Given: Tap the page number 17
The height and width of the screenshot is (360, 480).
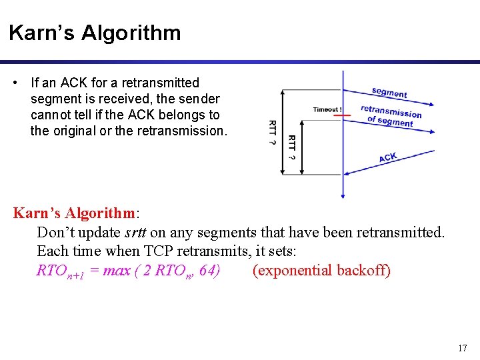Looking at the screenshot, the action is click(462, 348).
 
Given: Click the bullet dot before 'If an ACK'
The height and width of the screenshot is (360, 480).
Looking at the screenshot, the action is click(15, 83).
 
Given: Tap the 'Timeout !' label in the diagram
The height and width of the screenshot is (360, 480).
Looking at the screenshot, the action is click(327, 109).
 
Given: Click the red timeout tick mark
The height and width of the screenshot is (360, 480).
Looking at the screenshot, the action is click(343, 115).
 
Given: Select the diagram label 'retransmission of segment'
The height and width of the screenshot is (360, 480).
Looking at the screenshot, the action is click(391, 115).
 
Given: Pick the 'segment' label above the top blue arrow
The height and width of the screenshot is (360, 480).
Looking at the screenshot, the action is click(389, 93).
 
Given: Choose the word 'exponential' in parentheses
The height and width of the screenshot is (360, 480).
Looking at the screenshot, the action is click(293, 271).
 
